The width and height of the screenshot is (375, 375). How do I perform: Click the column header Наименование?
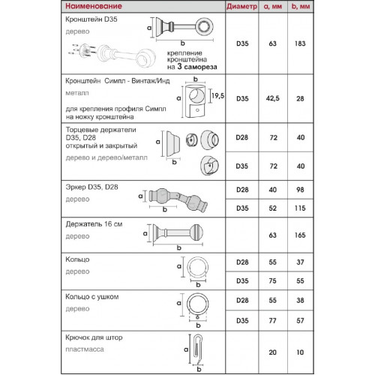click(94, 6)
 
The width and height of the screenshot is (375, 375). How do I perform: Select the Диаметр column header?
click(241, 7)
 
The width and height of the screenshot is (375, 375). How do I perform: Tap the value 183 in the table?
click(300, 43)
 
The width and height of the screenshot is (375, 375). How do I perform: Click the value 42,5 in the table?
click(272, 98)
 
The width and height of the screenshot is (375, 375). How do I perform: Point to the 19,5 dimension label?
click(217, 96)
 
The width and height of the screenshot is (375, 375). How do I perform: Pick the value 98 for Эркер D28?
click(300, 190)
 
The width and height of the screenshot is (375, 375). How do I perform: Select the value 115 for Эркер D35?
click(300, 208)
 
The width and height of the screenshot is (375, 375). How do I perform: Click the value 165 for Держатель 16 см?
click(300, 235)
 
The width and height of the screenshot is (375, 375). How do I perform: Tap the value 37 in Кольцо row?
click(300, 262)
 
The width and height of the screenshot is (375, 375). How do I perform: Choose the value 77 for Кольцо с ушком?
click(272, 321)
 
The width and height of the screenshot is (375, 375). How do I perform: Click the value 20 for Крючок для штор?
click(272, 352)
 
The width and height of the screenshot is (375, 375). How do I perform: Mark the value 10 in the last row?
click(300, 352)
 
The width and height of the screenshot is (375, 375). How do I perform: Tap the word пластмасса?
click(85, 349)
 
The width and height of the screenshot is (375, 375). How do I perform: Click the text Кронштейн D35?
click(91, 19)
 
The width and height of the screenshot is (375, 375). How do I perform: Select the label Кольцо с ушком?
click(92, 297)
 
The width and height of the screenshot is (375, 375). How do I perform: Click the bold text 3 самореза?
click(197, 67)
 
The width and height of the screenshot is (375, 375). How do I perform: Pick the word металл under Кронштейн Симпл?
click(77, 93)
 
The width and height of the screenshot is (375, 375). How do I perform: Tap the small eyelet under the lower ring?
click(197, 317)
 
